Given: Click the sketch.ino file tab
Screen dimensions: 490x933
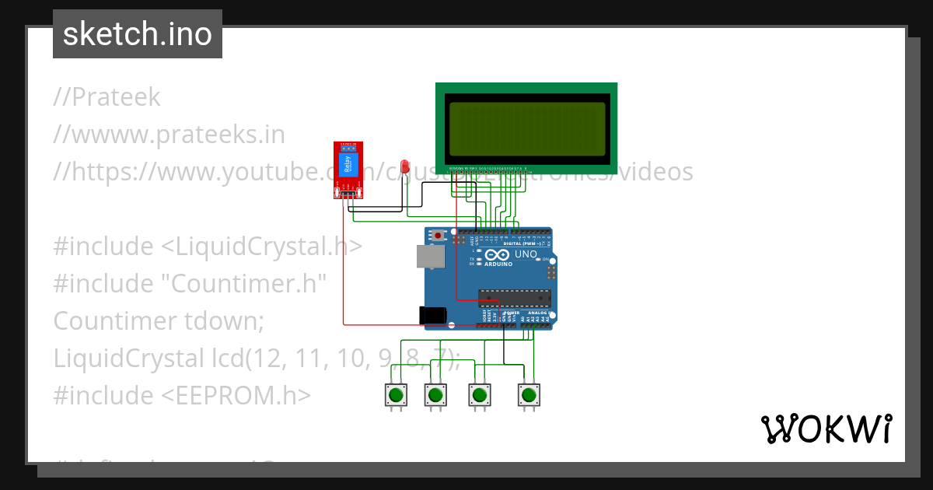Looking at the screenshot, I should pyautogui.click(x=138, y=34).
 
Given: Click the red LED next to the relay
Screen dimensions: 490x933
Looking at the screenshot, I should pyautogui.click(x=404, y=166).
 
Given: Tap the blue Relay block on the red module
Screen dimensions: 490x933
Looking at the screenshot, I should pyautogui.click(x=348, y=164).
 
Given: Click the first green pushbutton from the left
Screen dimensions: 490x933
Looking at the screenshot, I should pyautogui.click(x=397, y=394).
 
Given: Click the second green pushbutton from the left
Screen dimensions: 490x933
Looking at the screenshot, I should pyautogui.click(x=435, y=394).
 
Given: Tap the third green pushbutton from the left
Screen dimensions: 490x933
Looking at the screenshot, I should pyautogui.click(x=479, y=394).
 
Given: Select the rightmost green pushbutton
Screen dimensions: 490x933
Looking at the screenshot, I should pyautogui.click(x=529, y=394).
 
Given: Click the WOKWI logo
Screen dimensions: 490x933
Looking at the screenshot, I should pyautogui.click(x=826, y=429).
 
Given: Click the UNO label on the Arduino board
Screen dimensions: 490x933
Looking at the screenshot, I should pyautogui.click(x=526, y=254).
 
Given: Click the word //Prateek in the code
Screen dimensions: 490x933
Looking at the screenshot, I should pyautogui.click(x=107, y=97).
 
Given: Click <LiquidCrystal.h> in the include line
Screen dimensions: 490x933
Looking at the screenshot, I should pyautogui.click(x=261, y=247).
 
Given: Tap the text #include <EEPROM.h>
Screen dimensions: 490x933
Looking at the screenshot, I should pyautogui.click(x=182, y=395).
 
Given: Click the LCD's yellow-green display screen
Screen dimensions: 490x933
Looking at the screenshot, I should pyautogui.click(x=526, y=128).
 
